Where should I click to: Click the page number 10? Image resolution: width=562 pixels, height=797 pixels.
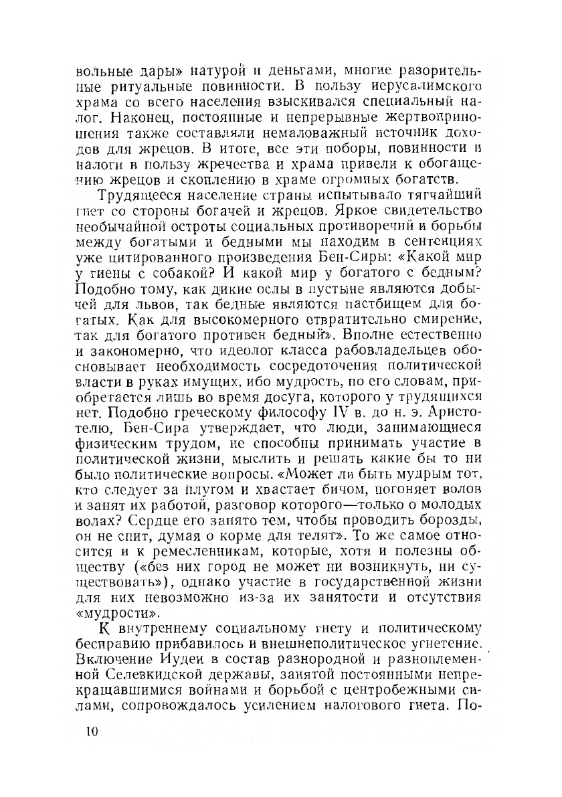click(88, 731)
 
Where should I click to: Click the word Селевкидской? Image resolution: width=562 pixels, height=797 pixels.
click(157, 677)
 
